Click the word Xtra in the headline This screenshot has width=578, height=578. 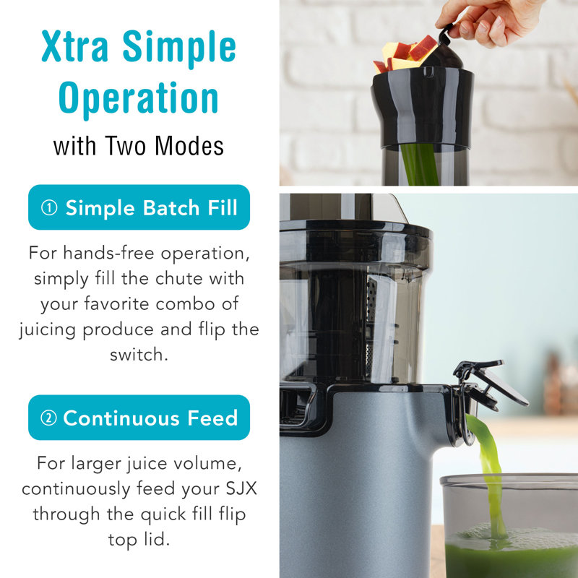[x=75, y=46]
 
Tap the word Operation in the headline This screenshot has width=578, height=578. [x=139, y=98]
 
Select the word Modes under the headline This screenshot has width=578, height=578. [x=189, y=146]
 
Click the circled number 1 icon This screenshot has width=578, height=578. [x=49, y=207]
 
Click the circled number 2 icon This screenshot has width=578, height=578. [x=48, y=418]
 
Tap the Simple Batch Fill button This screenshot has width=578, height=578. [x=139, y=207]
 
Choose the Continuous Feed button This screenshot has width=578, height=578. [x=139, y=418]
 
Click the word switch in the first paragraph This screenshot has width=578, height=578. [x=139, y=355]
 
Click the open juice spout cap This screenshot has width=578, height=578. [x=491, y=384]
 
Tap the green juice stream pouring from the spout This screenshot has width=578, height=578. [x=488, y=475]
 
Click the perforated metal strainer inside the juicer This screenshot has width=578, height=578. [x=371, y=324]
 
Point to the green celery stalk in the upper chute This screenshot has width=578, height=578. [x=420, y=165]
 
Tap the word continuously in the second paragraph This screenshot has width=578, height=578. [x=76, y=490]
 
